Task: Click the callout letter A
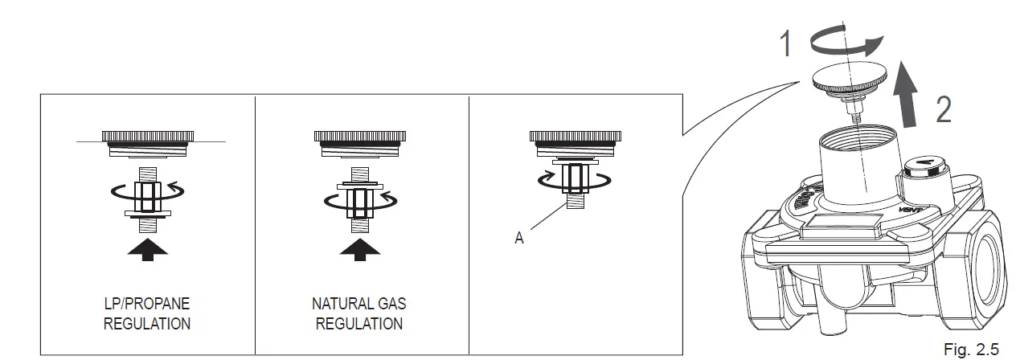(519, 239)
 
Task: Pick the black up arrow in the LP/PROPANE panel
(148, 246)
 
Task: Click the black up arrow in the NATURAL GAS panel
(359, 246)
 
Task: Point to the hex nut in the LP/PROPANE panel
(148, 193)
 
